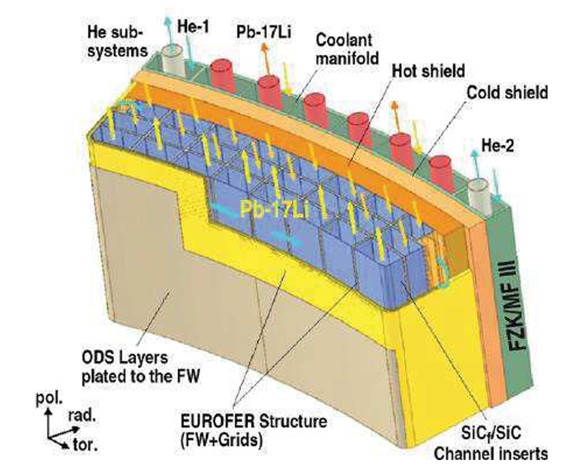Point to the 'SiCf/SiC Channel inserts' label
click(500, 443)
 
